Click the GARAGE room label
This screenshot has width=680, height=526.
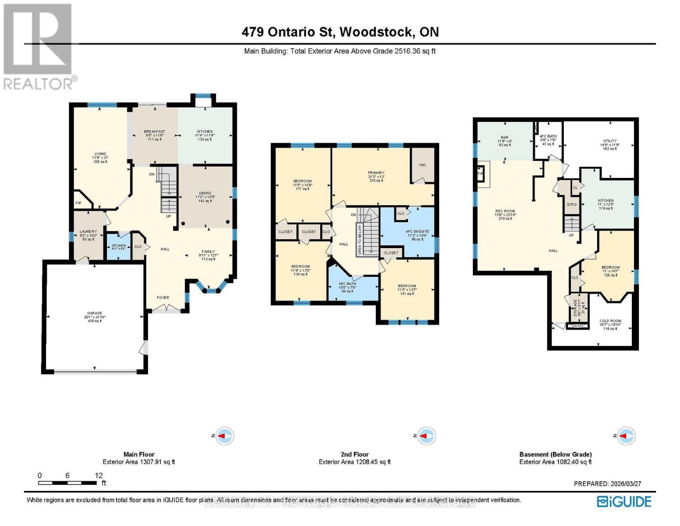click(95, 313)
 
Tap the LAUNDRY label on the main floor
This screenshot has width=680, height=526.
click(88, 232)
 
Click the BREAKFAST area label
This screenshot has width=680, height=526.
click(155, 132)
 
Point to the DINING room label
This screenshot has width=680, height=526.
click(205, 193)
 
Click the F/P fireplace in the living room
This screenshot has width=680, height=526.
click(79, 203)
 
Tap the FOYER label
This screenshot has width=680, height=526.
click(163, 298)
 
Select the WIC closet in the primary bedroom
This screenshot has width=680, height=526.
click(423, 165)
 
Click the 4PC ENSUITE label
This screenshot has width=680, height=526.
click(417, 232)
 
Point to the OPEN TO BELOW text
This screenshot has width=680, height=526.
click(360, 240)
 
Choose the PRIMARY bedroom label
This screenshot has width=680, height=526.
click(376, 173)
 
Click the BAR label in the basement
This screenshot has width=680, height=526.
click(505, 138)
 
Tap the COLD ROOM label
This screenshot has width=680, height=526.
click(610, 321)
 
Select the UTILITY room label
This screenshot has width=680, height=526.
click(610, 141)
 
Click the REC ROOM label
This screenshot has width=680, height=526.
click(505, 211)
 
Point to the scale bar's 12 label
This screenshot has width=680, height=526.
click(99, 476)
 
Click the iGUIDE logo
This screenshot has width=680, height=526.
click(624, 501)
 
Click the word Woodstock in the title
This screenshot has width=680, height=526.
click(376, 32)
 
